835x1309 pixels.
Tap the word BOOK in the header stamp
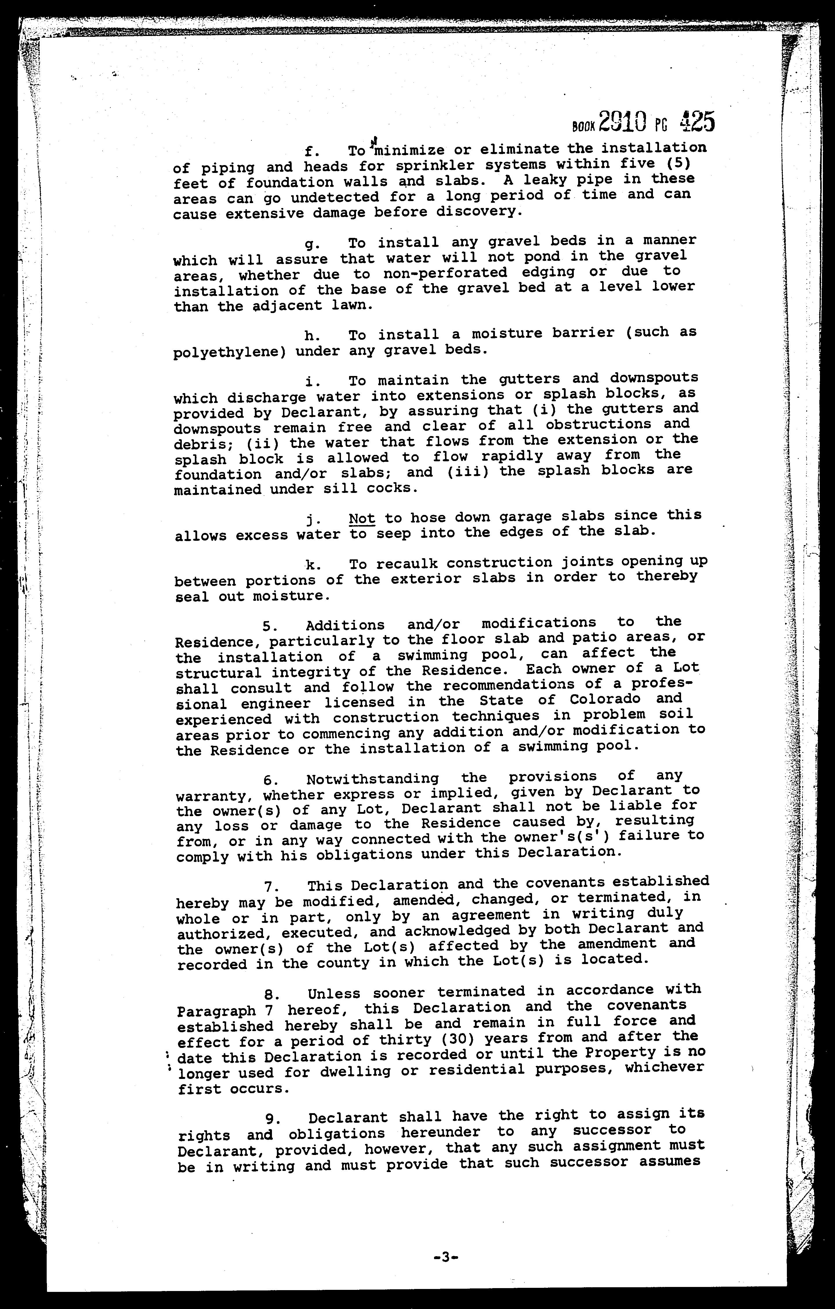click(x=583, y=127)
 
